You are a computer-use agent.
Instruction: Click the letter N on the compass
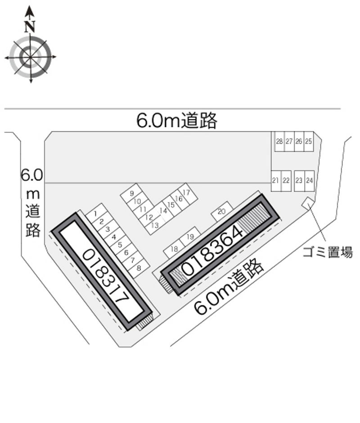tap(30, 27)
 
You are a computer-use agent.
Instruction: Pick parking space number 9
tap(131, 193)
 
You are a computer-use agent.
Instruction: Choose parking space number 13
tap(154, 225)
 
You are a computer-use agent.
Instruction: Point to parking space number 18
tap(175, 249)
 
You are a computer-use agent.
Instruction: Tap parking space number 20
tap(221, 211)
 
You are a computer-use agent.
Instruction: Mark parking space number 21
tap(275, 180)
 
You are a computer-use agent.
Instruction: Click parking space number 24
tap(309, 180)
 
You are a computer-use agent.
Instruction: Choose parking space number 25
tap(308, 141)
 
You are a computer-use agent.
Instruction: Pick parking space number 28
tap(279, 141)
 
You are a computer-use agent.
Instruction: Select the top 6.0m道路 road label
tap(177, 121)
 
